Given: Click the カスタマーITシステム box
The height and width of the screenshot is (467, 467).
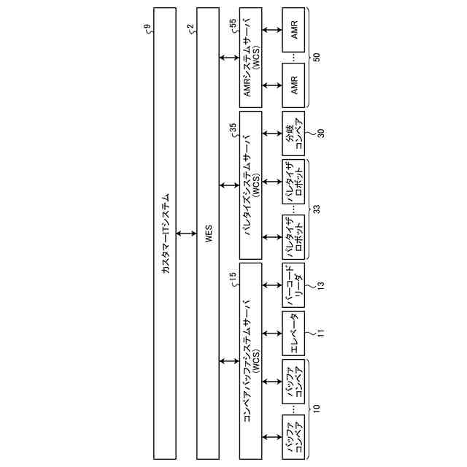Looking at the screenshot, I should (x=165, y=233).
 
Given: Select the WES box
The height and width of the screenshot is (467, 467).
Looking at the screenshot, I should (x=209, y=233).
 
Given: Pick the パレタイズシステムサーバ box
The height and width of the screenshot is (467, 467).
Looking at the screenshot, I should (x=251, y=185).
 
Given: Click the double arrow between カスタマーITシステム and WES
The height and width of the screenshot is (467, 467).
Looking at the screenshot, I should (x=187, y=233).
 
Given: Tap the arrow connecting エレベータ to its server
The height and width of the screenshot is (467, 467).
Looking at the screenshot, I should (x=272, y=333).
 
